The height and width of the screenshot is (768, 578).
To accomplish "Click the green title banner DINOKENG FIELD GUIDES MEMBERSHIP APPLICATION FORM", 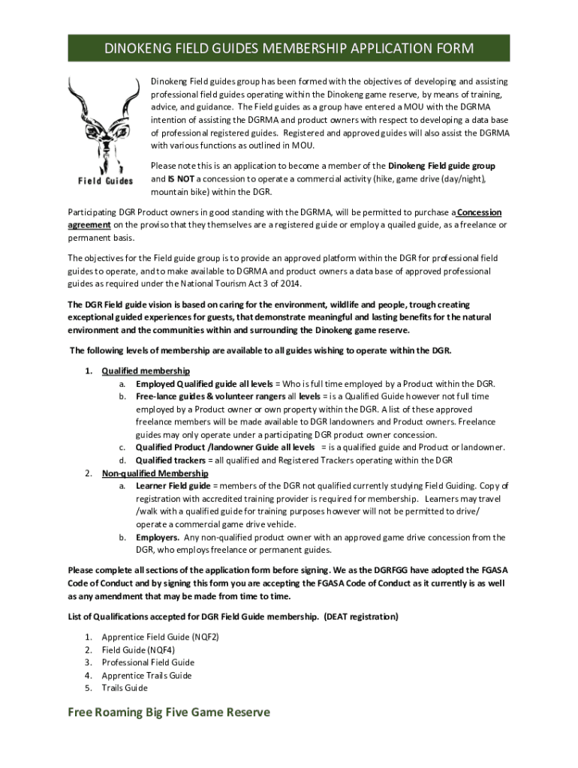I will click(x=289, y=49).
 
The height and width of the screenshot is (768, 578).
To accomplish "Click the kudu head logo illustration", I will click(x=103, y=124).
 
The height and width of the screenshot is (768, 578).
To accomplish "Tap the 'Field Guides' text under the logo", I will click(x=105, y=181).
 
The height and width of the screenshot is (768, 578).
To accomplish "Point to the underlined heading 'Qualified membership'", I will click(x=146, y=370).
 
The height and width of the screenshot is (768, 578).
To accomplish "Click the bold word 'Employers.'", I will click(x=158, y=537).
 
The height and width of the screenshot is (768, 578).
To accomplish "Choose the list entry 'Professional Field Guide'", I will click(x=148, y=662).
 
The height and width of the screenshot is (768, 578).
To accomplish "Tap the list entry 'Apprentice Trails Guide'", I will click(x=146, y=675).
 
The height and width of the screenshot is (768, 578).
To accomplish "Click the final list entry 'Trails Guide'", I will click(x=125, y=688).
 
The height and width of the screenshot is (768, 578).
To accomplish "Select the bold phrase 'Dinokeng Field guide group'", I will click(x=441, y=166).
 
